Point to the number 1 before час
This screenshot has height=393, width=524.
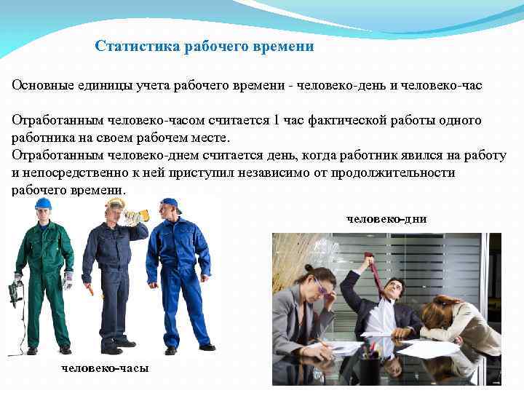(x=277, y=120)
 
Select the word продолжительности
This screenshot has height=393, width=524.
(x=397, y=172)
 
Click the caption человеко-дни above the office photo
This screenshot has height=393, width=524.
(x=386, y=218)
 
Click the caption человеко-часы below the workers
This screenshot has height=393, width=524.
(x=105, y=368)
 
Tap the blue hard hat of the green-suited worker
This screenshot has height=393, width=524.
(x=43, y=204)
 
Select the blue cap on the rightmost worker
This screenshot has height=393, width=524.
(x=170, y=204)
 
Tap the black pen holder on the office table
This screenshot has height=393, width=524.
(x=368, y=367)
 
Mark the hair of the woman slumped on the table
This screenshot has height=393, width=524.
(x=437, y=306)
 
